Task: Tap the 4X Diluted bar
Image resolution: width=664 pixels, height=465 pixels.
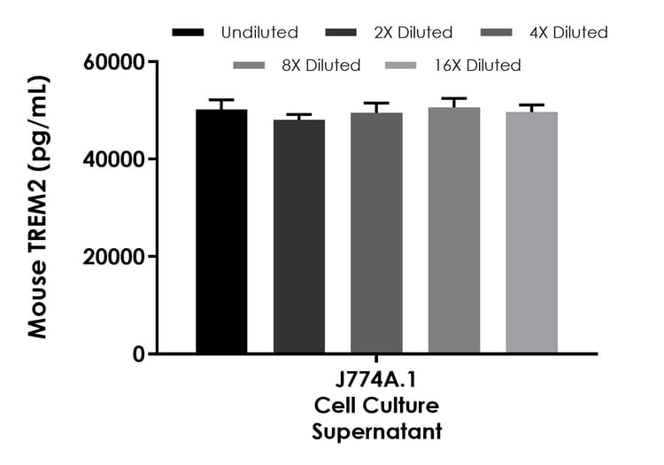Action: click(x=376, y=234)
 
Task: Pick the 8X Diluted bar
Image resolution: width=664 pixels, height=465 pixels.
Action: click(x=453, y=231)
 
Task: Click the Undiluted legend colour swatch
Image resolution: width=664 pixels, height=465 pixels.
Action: click(x=188, y=33)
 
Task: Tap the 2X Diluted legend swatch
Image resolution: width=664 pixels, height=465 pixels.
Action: click(x=342, y=33)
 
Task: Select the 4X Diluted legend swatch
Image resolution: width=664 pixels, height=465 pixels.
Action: click(x=497, y=33)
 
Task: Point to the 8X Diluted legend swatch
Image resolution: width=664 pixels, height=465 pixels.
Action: click(x=249, y=66)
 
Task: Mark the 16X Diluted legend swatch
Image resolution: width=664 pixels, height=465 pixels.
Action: click(x=403, y=66)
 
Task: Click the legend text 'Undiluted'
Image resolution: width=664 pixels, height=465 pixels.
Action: click(x=259, y=33)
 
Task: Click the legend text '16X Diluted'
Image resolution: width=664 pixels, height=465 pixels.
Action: click(x=477, y=66)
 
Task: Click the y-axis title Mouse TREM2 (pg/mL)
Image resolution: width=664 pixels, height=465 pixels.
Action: click(x=37, y=207)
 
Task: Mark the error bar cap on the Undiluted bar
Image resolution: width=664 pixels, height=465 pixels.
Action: click(x=221, y=100)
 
